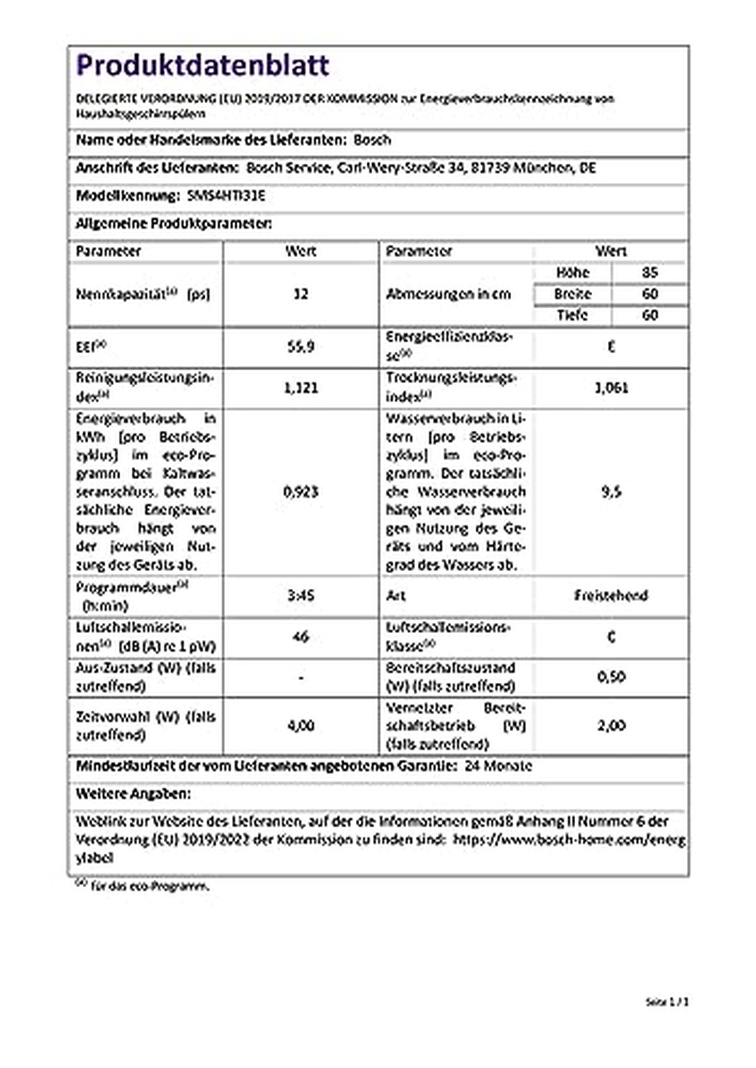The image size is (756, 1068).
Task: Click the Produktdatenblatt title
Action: (x=202, y=66)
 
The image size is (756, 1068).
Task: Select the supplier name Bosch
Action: (x=372, y=140)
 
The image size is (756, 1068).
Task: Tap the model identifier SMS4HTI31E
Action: (x=227, y=195)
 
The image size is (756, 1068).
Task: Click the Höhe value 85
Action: (x=650, y=272)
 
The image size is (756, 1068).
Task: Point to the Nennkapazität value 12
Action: (x=301, y=294)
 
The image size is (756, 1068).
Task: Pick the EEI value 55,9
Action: (x=301, y=346)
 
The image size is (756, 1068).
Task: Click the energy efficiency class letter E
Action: (x=611, y=346)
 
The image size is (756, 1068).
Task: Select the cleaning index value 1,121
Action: (x=301, y=387)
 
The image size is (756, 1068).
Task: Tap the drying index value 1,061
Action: (x=611, y=387)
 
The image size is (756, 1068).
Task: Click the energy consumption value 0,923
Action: (x=301, y=491)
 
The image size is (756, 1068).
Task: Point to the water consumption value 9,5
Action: (x=611, y=491)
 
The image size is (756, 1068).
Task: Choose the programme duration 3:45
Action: (x=301, y=595)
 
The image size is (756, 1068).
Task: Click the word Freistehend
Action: (x=611, y=595)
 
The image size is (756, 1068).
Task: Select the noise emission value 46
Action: (x=301, y=637)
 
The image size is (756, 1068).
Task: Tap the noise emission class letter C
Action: (x=611, y=637)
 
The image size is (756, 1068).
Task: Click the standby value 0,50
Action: (x=611, y=677)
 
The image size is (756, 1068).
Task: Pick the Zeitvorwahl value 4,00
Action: (x=301, y=726)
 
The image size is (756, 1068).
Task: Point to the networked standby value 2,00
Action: (x=611, y=726)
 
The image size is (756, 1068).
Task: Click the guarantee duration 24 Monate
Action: (x=498, y=766)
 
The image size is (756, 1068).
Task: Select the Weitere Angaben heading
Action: (x=133, y=793)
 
